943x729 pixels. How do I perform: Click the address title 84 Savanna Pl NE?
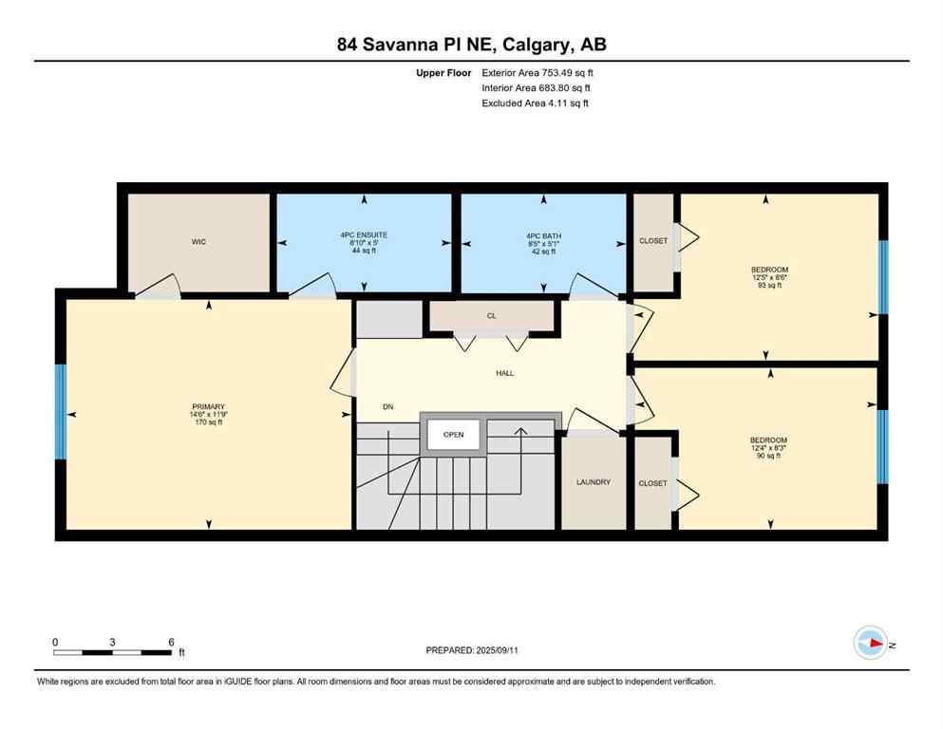pos(471,44)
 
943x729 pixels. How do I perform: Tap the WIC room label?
pos(198,242)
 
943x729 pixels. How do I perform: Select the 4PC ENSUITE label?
pos(365,234)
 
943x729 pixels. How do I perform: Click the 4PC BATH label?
pos(543,234)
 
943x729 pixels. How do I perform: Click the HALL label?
pos(504,373)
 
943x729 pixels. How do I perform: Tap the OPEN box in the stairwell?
pos(453,435)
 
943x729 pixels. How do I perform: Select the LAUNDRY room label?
pos(594,482)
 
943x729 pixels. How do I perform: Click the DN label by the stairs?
pos(387,407)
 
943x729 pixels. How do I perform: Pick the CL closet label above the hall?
pos(491,316)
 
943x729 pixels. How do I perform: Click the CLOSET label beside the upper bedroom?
pos(653,241)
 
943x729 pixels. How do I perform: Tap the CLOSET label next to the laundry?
pos(652,483)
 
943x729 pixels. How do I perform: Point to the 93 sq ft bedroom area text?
pos(768,286)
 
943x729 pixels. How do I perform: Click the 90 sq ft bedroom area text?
pos(768,456)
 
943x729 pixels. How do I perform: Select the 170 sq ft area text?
pos(206,422)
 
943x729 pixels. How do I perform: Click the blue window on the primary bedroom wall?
pos(61,413)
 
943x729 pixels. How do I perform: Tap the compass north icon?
pos(870,643)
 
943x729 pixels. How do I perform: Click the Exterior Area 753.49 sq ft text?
pos(538,72)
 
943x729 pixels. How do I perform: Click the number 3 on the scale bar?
pos(112,642)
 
